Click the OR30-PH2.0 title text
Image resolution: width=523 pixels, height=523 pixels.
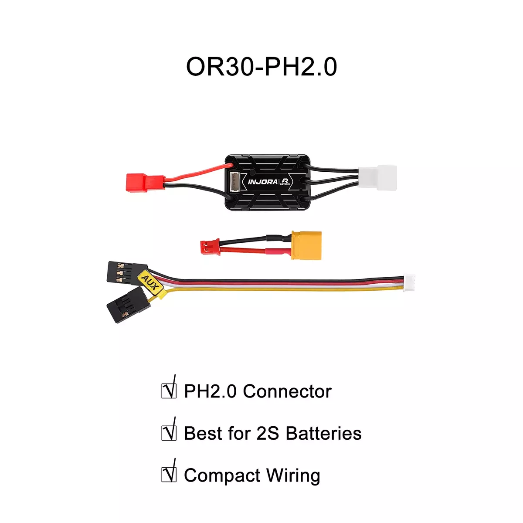pyautogui.click(x=261, y=67)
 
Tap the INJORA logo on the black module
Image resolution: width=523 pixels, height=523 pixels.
pyautogui.click(x=263, y=182)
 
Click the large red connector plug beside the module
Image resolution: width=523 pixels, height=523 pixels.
pyautogui.click(x=146, y=182)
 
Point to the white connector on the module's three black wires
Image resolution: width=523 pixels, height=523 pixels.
pyautogui.click(x=377, y=178)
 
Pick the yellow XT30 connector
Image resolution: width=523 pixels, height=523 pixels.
pyautogui.click(x=306, y=245)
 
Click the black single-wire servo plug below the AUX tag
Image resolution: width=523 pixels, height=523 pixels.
pyautogui.click(x=129, y=305)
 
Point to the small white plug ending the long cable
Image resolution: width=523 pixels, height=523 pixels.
pyautogui.click(x=409, y=282)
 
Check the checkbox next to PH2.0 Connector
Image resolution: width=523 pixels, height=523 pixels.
pyautogui.click(x=169, y=391)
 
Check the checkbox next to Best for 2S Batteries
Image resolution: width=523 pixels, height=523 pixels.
pyautogui.click(x=169, y=433)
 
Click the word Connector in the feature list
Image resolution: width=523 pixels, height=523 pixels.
pyautogui.click(x=287, y=391)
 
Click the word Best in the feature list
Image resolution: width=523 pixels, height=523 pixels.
pyautogui.click(x=203, y=433)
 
